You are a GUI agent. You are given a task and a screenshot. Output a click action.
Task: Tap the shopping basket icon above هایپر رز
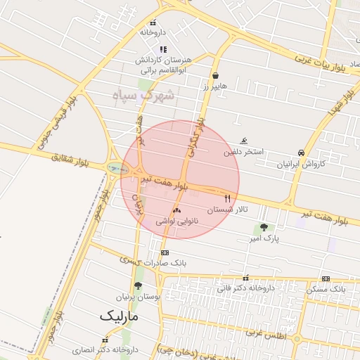pos(214,76)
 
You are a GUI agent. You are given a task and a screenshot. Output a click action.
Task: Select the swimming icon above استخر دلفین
pos(244,141)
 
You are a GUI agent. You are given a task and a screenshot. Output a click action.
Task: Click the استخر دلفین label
pos(244,152)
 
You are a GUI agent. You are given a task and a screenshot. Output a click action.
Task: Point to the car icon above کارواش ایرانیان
pos(301,153)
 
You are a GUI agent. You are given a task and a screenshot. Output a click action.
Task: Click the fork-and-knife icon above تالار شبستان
pos(227,199)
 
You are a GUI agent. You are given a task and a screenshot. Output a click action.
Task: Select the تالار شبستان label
pos(227,210)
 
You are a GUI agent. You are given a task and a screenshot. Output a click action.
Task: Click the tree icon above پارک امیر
pos(264,227)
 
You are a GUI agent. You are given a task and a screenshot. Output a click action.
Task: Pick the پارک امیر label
pos(264,239)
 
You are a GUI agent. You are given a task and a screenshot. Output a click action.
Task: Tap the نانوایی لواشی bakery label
pos(176,221)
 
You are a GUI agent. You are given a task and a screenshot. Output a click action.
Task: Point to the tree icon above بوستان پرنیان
pos(137,285)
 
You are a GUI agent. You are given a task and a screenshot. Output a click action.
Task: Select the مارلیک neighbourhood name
pos(120,316)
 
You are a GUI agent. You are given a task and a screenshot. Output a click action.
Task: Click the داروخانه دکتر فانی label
pos(245,288)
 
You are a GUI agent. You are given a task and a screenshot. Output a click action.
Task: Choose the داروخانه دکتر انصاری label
pos(106,349)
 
